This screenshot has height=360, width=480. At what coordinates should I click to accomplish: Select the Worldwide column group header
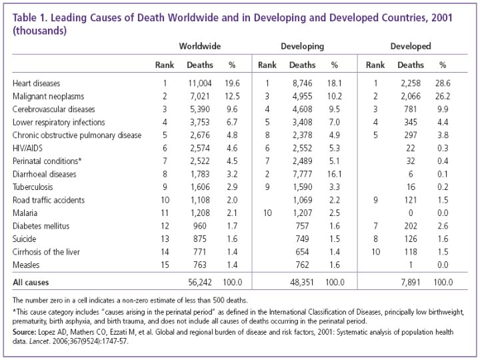(199, 47)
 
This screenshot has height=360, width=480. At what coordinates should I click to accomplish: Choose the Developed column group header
(410, 47)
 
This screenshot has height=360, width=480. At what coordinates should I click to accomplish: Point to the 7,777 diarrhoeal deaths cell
(303, 174)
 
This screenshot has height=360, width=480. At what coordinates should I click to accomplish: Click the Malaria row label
(25, 213)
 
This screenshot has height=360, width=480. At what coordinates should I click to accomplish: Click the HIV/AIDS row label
(29, 148)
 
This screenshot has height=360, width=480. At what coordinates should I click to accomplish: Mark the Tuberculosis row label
(34, 187)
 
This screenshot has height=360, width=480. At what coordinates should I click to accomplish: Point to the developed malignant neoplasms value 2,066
(410, 97)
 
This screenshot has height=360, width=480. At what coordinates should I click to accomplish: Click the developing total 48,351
(303, 282)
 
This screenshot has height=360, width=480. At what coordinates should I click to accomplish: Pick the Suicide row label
(25, 238)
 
